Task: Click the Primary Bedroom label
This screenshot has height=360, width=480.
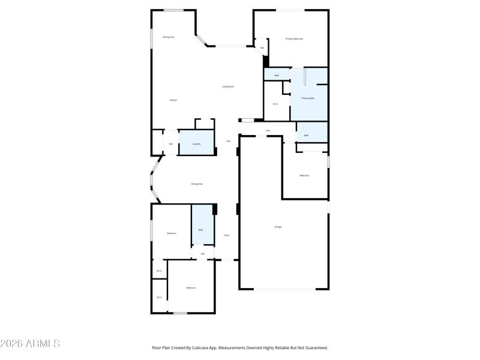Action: [x=294, y=39]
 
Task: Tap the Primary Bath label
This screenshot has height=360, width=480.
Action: [x=307, y=98]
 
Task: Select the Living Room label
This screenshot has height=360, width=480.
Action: [x=228, y=86]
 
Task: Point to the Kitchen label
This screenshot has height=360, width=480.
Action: [x=173, y=100]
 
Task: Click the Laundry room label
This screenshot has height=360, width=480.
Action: [x=196, y=144]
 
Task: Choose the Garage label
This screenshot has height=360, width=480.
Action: [x=278, y=227]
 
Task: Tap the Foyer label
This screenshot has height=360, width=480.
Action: [x=227, y=235]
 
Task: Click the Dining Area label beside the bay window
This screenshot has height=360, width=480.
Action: [x=197, y=184]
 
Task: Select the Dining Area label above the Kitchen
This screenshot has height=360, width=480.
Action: [x=169, y=37]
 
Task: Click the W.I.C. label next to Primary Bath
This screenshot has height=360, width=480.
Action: [x=275, y=104]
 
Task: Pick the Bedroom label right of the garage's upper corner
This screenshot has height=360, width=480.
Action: [x=305, y=175]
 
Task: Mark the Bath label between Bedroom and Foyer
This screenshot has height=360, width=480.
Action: [x=201, y=230]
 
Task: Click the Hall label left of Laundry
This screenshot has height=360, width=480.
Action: [x=171, y=144]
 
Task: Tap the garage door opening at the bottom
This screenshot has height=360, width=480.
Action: [x=284, y=289]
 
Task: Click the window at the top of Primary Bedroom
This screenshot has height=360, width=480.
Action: [x=290, y=10]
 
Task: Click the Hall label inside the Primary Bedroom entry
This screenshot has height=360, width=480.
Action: [x=262, y=47]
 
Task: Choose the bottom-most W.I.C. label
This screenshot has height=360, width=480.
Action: [x=159, y=298]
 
